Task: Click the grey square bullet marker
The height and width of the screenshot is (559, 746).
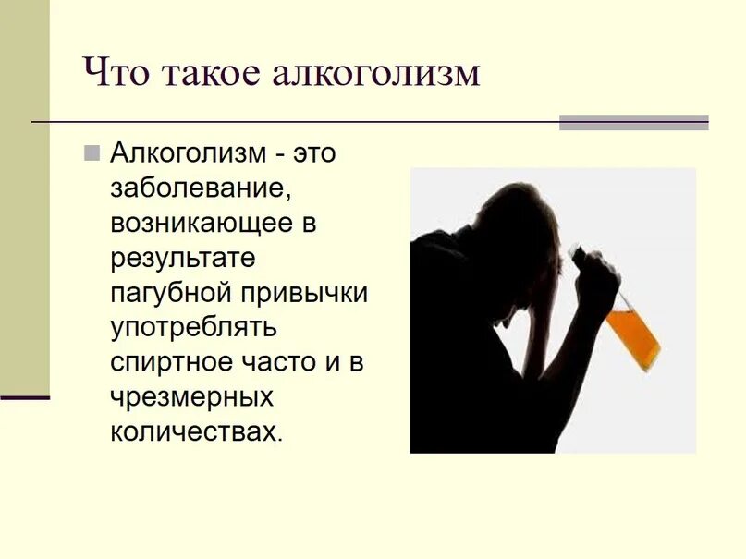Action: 91,152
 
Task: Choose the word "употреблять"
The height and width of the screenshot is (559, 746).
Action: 194,328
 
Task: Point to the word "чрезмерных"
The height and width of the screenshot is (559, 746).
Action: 192,397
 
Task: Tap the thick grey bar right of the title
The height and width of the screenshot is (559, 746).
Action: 633,123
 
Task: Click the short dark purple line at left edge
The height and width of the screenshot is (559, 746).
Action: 25,397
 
